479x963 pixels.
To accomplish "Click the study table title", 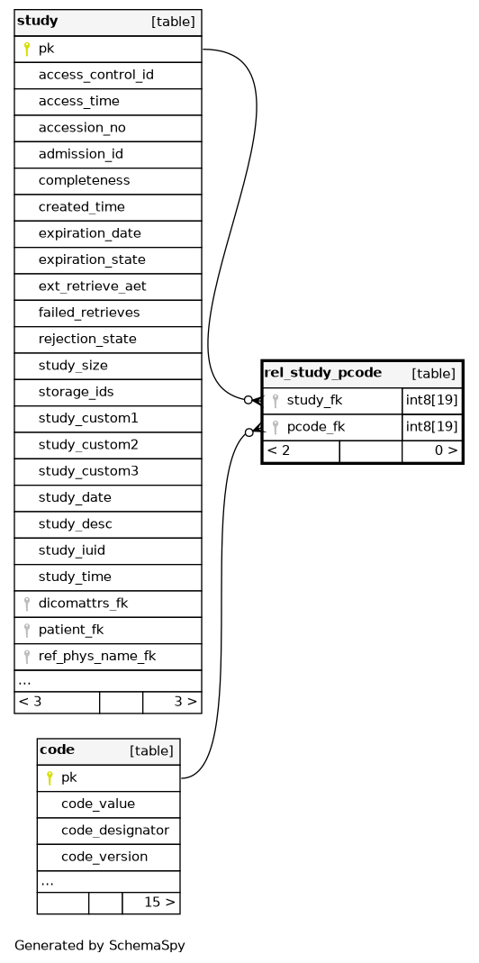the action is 38,22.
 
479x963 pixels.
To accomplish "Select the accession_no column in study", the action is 107,128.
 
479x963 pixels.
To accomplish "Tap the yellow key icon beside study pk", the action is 26,50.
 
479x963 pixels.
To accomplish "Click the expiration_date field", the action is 107,233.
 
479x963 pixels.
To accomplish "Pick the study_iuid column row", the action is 107,550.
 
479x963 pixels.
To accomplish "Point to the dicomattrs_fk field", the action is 107,603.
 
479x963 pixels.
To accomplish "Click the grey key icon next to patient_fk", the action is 26,630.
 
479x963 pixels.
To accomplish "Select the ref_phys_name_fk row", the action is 107,656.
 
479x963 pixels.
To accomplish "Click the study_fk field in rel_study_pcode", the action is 332,401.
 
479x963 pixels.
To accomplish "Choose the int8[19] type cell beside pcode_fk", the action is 431,427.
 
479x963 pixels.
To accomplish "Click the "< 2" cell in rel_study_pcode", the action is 301,450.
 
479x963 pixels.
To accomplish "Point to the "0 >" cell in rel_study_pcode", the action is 431,450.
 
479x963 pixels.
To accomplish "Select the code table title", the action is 57,750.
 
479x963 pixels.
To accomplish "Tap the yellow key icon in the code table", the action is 50,778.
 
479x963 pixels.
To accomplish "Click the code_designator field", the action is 108,831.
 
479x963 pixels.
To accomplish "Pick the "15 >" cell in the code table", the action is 151,903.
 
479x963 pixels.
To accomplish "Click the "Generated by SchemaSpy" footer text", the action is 99,945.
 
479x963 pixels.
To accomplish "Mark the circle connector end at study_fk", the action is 249,400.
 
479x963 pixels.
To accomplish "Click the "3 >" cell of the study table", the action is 172,702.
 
